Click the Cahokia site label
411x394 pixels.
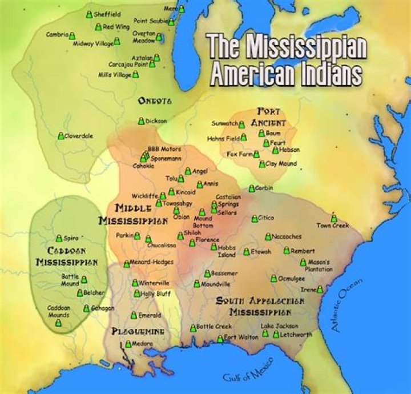tap(143, 166)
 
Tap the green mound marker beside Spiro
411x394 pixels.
tap(59, 239)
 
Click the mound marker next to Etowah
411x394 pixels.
tap(247, 252)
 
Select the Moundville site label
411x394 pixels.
tap(216, 284)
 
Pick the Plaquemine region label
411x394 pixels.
tap(138, 331)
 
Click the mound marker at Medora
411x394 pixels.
tap(128, 344)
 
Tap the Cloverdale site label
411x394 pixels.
tap(78, 136)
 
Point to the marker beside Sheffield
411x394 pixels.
tap(89, 14)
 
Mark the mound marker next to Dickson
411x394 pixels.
tap(141, 121)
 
